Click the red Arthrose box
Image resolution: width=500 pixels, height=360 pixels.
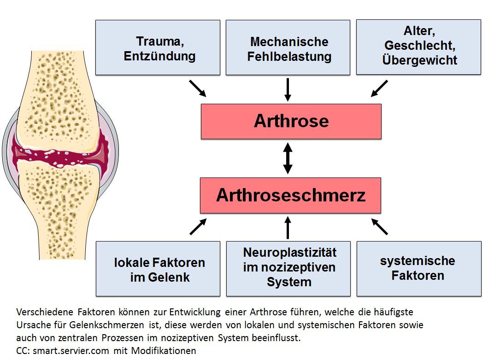click(291, 121)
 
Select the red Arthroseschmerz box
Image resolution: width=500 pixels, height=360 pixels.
click(290, 195)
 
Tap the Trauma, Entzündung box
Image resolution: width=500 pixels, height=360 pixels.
click(158, 47)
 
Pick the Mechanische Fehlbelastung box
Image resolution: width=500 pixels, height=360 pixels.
click(288, 47)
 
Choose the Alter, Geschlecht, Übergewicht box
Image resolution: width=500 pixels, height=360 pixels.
click(418, 47)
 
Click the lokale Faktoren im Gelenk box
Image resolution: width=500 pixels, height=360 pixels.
click(158, 268)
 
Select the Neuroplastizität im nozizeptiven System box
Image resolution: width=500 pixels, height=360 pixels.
click(288, 268)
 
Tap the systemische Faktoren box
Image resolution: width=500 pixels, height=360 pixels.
click(419, 268)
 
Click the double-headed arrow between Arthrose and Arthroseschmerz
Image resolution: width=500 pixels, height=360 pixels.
click(288, 158)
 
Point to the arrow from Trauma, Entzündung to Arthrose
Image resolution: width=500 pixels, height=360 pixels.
click(198, 89)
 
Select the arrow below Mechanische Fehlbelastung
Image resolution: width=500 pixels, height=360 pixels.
click(288, 89)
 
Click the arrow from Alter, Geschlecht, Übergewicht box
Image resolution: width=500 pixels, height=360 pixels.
click(379, 89)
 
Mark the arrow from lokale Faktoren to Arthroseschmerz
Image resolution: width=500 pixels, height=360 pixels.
click(198, 227)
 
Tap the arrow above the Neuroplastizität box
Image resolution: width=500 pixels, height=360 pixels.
click(288, 228)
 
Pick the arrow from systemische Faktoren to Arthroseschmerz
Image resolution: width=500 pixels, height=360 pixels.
click(379, 227)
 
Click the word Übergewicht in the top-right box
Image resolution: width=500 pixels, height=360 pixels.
click(420, 60)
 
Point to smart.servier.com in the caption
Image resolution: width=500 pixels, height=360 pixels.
click(71, 351)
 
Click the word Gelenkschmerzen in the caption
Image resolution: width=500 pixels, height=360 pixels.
click(106, 325)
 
